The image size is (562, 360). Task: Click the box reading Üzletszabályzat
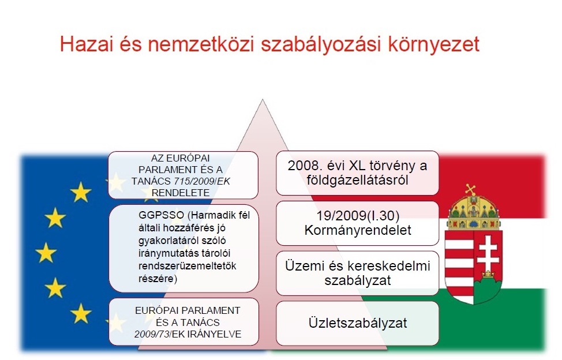coord(357,324)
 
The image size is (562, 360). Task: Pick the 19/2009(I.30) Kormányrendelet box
coord(357,223)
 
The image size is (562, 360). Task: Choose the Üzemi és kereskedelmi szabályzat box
coord(357,273)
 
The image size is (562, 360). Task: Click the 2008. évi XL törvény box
coord(357,173)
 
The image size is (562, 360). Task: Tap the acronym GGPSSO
coord(162,215)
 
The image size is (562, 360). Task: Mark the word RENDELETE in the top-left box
coord(181,193)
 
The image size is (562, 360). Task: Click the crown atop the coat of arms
coord(474,211)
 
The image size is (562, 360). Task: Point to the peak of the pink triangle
coord(263,100)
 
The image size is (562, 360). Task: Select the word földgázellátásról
coord(357,180)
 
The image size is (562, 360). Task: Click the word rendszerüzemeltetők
coord(188,266)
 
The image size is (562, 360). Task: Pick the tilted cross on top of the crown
coord(470,189)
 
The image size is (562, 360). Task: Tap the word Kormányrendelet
coord(358,230)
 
